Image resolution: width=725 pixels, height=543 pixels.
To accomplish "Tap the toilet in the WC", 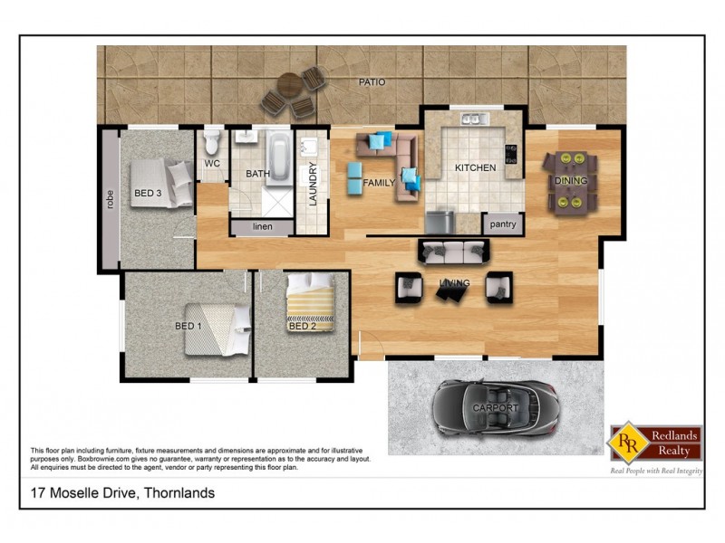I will point(212,141).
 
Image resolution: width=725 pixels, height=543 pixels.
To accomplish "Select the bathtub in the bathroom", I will point(278,157).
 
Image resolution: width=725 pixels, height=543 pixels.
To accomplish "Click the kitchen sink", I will point(473,119).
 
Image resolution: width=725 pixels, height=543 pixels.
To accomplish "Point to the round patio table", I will point(288,87).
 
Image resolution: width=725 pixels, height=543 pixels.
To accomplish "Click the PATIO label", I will point(372,82).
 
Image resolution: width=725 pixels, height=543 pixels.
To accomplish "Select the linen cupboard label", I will point(262,226).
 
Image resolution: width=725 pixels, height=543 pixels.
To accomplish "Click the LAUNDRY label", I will point(314,184).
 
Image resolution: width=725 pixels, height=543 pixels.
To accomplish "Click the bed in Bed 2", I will point(312,300).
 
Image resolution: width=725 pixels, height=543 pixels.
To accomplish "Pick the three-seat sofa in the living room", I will point(450,252).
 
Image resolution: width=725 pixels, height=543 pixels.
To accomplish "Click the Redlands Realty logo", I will point(655,445).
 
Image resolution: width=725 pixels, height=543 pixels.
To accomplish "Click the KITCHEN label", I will point(475,168).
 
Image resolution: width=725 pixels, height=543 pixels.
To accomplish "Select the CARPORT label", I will point(496,409).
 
